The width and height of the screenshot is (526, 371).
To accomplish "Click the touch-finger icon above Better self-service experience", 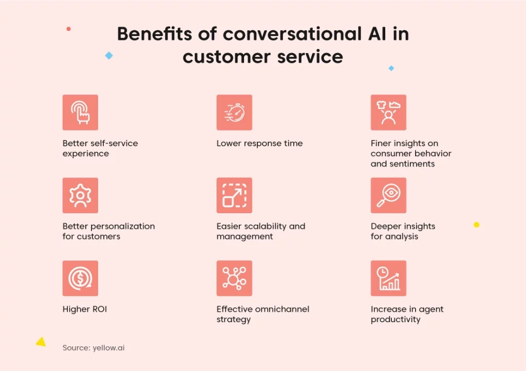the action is [x=80, y=113].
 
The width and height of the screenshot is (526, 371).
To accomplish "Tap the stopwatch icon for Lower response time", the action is [x=234, y=113].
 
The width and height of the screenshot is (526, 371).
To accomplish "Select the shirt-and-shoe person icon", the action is [x=388, y=113].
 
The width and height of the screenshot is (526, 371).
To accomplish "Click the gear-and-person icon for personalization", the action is [x=80, y=195].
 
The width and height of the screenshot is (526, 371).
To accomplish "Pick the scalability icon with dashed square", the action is [x=234, y=195].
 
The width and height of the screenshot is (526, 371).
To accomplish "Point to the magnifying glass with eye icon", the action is [x=388, y=195].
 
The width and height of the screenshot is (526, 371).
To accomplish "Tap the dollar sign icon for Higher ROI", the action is [x=80, y=278].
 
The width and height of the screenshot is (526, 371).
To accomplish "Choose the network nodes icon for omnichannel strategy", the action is [x=234, y=278].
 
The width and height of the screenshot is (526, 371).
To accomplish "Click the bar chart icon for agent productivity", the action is [x=388, y=278].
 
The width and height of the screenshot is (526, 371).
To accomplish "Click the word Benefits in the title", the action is [x=155, y=34].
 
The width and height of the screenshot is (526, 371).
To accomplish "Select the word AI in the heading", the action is [x=377, y=34].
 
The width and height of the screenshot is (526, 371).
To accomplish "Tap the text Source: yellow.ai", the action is [x=93, y=348].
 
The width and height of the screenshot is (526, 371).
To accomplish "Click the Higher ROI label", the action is [x=85, y=309].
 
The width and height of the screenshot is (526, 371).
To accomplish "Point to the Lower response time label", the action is [x=259, y=143].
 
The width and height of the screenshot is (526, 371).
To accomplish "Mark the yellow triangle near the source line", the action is [x=41, y=342].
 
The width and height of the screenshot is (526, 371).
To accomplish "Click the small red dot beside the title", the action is [x=68, y=29].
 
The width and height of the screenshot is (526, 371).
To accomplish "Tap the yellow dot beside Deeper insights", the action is [x=476, y=225].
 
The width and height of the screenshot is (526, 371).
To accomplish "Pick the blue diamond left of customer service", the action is [x=109, y=55].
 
